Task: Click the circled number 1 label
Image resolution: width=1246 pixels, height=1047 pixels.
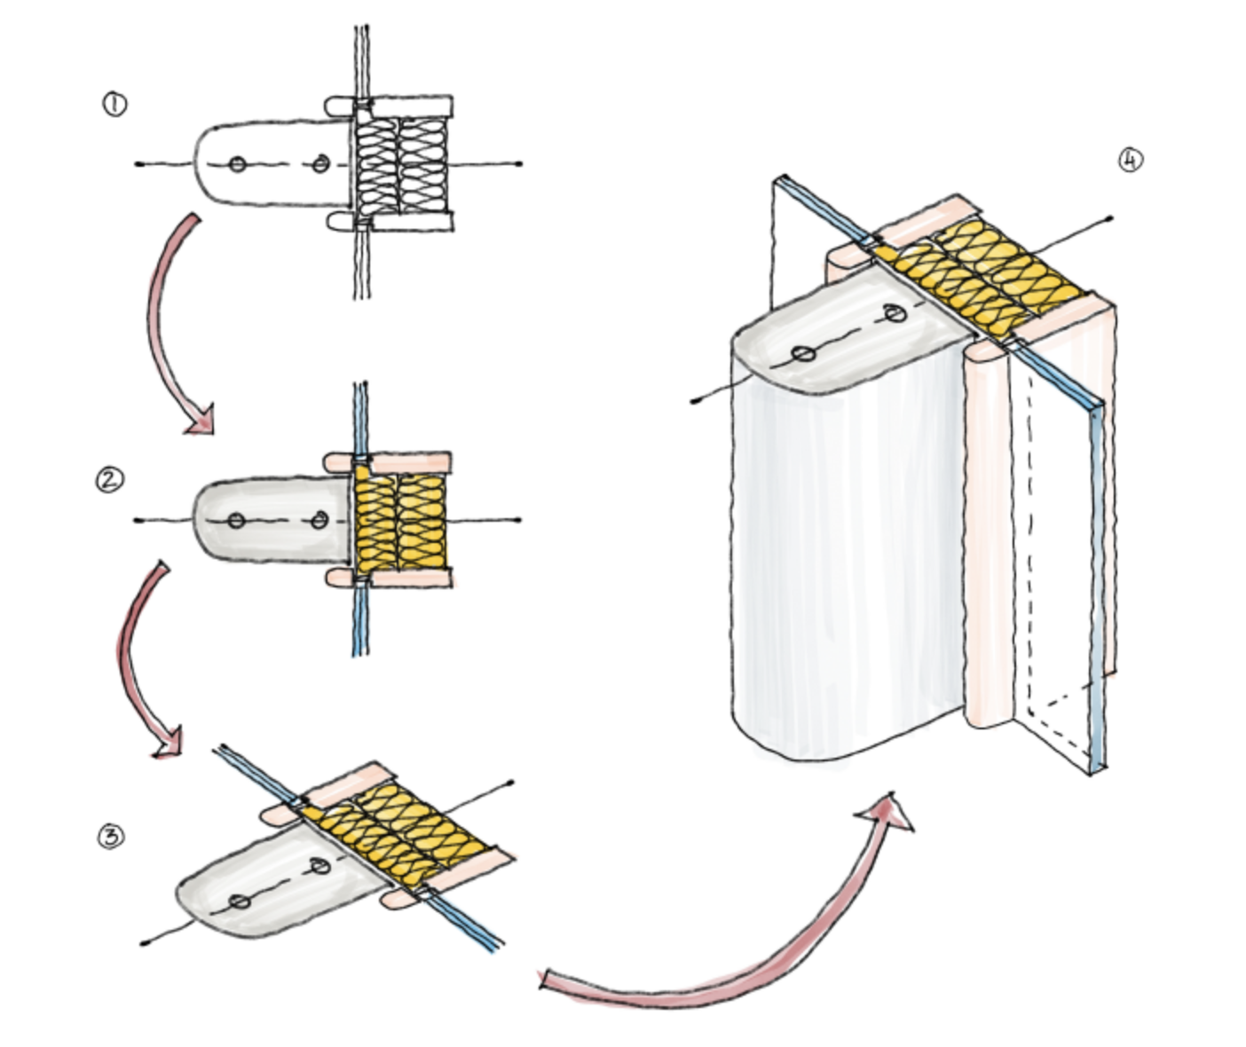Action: [115, 105]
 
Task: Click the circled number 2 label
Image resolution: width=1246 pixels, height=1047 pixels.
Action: [110, 480]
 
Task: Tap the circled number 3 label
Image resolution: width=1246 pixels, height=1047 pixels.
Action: [111, 837]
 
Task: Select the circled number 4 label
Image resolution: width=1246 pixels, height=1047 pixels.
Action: [1131, 160]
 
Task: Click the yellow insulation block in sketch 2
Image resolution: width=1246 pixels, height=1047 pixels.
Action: [400, 521]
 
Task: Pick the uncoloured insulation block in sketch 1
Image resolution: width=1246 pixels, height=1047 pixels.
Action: [401, 165]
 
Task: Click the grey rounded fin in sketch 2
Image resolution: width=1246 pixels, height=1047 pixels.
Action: [272, 520]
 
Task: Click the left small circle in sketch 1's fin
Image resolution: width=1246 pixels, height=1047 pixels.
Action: [238, 165]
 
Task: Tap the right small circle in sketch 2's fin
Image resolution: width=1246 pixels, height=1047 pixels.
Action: [319, 520]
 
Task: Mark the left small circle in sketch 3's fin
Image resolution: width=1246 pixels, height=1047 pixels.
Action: [240, 901]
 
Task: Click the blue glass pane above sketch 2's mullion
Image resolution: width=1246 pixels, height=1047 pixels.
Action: [359, 419]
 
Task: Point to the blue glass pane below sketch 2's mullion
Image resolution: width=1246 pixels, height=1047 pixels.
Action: [359, 620]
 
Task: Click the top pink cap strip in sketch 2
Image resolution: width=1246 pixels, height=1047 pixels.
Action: [388, 461]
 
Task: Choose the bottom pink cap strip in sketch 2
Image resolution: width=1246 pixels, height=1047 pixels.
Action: [389, 578]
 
